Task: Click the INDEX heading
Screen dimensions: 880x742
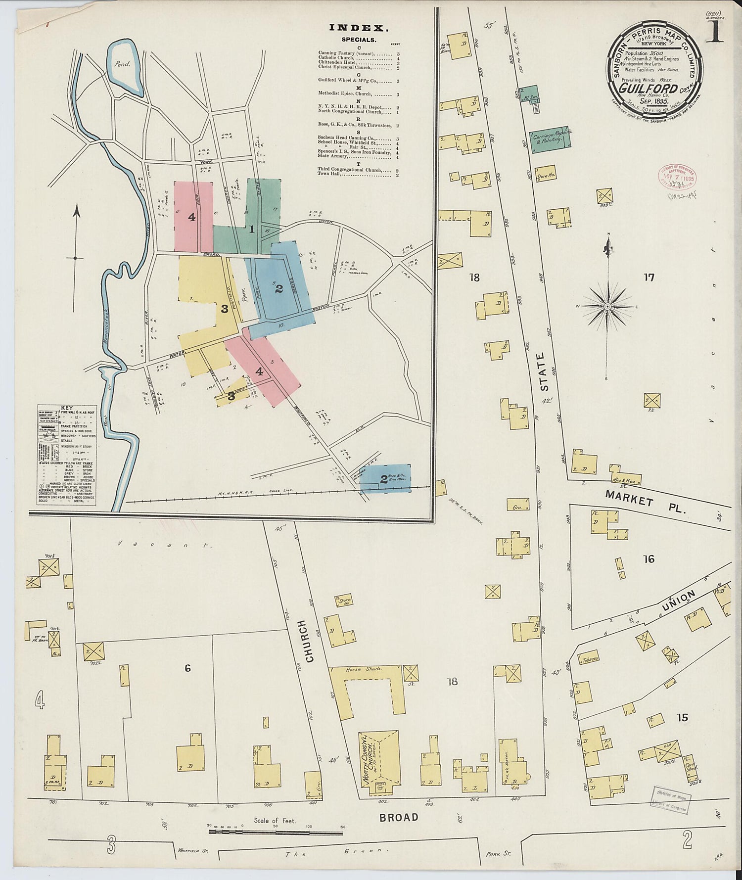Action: [x=359, y=28]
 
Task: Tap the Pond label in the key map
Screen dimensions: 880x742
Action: [x=121, y=64]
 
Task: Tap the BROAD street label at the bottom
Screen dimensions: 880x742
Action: [x=399, y=817]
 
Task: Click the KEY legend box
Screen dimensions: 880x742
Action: [x=67, y=455]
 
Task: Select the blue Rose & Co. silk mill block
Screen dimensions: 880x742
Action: [x=385, y=478]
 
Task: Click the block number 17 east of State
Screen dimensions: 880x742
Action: [x=649, y=278]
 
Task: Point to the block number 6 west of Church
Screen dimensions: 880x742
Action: [x=187, y=668]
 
